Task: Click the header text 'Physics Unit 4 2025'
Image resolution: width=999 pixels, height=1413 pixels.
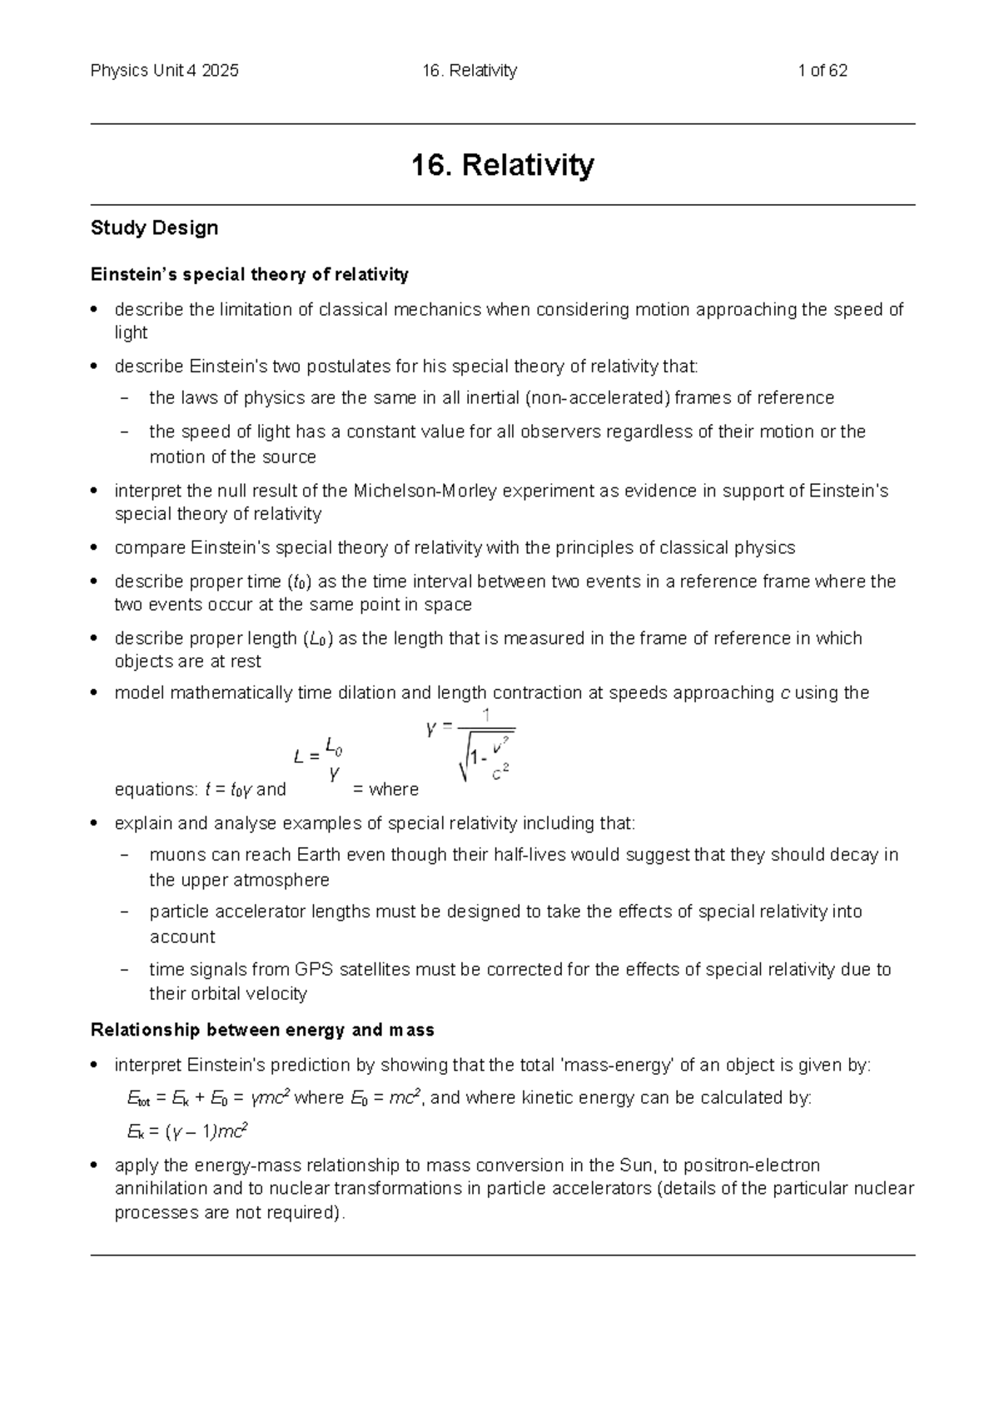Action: (x=164, y=71)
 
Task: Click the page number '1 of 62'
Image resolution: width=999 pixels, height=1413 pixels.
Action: (x=822, y=71)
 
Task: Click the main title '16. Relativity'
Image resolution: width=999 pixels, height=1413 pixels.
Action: (x=502, y=165)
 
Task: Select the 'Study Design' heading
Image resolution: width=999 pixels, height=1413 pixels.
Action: (x=154, y=227)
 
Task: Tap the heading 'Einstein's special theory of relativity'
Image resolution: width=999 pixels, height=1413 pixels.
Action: (x=249, y=274)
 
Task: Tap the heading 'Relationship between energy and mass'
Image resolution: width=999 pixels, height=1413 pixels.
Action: (x=262, y=1031)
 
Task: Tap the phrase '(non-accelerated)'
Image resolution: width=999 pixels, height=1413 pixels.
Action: (x=597, y=397)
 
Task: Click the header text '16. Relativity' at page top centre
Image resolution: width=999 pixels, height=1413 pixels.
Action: (x=470, y=71)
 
